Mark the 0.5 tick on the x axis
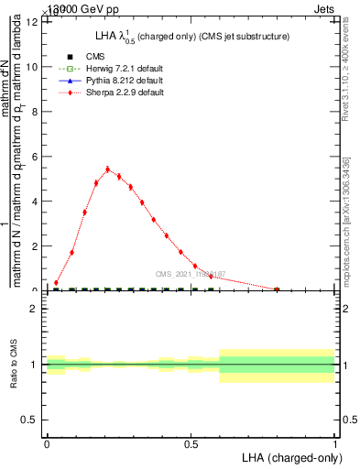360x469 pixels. click(x=191, y=443)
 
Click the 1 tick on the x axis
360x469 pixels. click(x=334, y=443)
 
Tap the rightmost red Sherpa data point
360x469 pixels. click(x=277, y=289)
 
